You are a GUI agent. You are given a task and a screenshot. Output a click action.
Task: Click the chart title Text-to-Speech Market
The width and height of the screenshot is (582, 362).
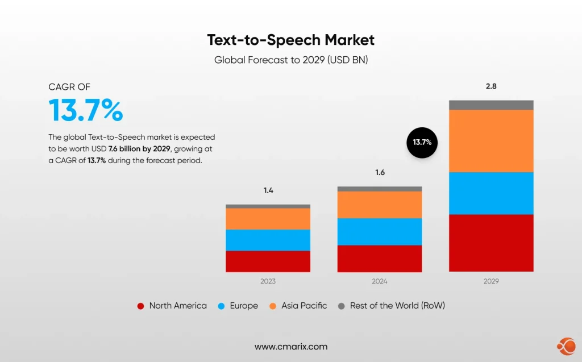290,40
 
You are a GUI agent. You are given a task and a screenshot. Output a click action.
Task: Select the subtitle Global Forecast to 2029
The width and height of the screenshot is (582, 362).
290,60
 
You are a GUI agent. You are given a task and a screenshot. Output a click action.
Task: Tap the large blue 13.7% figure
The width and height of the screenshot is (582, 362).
85,110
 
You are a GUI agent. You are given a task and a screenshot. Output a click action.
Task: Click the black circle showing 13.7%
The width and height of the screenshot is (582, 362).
422,142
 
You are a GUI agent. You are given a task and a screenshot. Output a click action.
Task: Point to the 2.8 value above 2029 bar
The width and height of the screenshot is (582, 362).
491,86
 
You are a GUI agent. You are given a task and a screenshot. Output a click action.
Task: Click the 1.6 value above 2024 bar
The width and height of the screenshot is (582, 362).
380,172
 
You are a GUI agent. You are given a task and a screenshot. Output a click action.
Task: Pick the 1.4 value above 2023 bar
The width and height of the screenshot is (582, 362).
268,190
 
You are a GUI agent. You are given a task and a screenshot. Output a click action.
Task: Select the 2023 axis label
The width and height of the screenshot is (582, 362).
268,281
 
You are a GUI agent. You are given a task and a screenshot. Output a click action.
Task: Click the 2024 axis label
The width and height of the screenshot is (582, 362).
380,281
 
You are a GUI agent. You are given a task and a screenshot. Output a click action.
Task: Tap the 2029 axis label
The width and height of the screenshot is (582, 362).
491,281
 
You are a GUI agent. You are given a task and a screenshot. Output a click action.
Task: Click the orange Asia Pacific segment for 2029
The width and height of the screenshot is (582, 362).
491,140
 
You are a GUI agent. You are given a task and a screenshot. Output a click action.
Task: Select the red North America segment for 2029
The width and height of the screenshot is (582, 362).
491,243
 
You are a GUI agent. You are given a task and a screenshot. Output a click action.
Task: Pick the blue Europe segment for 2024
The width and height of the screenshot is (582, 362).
380,231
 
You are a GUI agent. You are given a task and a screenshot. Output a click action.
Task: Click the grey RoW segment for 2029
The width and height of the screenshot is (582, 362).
491,105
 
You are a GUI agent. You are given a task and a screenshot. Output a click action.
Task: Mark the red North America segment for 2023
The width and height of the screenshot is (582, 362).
268,261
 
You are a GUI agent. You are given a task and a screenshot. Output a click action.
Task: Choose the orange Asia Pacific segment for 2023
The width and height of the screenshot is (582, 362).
268,219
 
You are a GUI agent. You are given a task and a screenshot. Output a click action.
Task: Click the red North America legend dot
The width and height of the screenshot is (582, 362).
140,306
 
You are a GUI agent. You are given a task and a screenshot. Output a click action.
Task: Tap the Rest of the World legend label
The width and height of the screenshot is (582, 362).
397,306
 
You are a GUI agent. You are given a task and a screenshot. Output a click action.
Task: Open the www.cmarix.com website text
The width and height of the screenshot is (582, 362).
290,347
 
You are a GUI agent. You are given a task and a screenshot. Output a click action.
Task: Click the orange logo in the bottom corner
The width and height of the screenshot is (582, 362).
566,345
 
